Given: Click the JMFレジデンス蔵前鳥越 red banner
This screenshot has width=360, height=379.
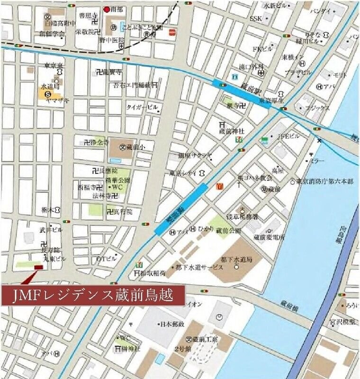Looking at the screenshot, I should point(93,296).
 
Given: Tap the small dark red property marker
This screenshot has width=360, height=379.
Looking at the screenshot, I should point(38,268).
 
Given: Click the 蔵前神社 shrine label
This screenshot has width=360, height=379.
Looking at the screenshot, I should point(232,131).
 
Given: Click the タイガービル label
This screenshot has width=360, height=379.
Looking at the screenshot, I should point(142,108).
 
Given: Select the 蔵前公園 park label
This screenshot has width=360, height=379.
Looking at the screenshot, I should point(229,230).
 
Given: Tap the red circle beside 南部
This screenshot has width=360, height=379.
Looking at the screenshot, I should point(107,9).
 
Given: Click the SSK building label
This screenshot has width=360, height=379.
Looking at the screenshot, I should point(256,18).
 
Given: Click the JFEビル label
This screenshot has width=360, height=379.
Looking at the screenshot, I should point(288,136).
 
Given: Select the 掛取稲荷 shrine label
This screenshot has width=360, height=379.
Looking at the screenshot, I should point(153,273).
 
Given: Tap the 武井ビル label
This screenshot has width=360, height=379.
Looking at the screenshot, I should point(51,230).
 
